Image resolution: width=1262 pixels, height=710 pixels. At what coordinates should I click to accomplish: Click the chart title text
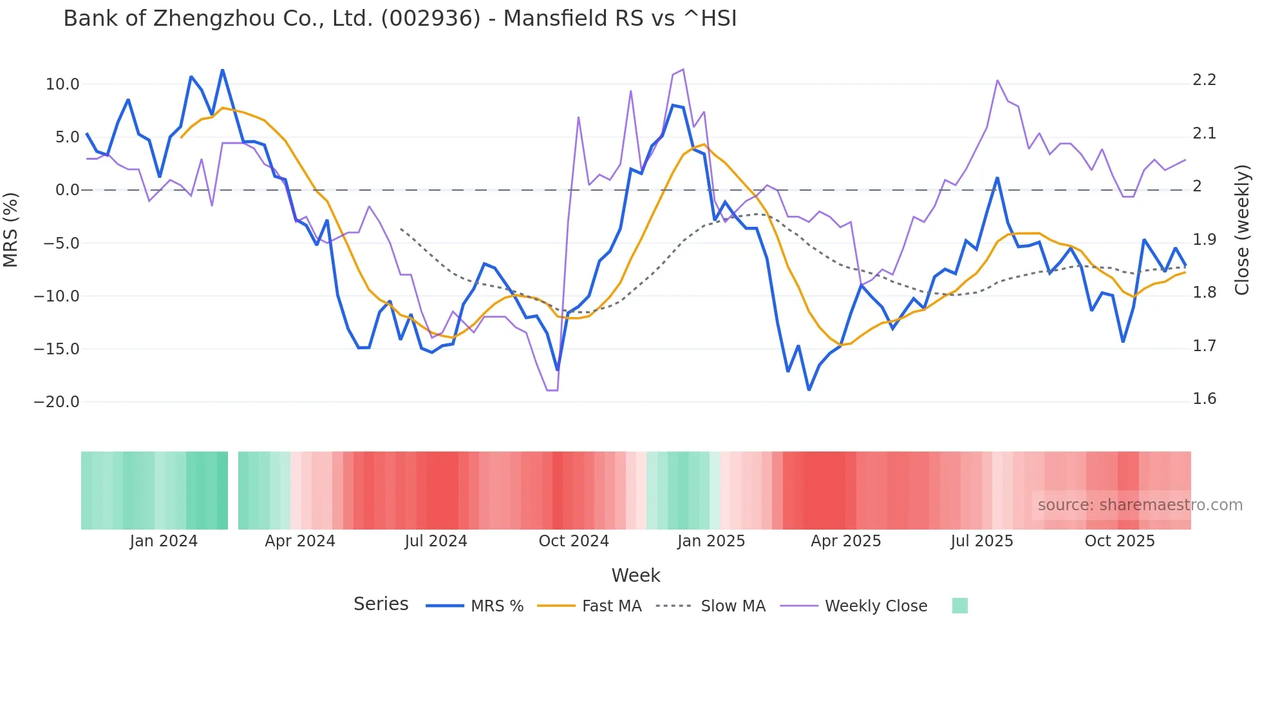400,19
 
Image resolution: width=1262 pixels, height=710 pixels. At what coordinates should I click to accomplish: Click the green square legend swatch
959,606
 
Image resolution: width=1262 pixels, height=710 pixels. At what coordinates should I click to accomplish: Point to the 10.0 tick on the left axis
62,84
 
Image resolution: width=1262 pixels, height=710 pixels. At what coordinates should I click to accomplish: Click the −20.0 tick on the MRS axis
57,402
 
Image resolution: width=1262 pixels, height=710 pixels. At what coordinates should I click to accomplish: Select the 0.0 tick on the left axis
67,190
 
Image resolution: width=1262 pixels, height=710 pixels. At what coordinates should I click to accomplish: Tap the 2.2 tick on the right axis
1205,80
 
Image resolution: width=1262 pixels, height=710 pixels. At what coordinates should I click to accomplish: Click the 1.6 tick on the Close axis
1205,399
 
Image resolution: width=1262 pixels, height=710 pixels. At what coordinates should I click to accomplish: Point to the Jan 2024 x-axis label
164,541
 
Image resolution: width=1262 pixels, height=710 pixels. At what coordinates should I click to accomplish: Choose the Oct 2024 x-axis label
574,541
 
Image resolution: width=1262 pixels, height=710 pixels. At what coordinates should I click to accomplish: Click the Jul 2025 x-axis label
982,541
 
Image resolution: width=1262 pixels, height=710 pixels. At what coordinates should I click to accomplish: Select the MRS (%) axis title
11,229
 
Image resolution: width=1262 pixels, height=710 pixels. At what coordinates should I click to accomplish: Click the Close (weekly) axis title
1242,230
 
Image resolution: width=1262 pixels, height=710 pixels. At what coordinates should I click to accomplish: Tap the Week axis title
636,575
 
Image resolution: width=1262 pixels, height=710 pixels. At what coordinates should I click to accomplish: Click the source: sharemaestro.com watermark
1140,505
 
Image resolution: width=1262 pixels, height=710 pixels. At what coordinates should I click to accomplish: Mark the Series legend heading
381,604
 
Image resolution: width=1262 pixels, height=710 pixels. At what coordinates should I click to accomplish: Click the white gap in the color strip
233,490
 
